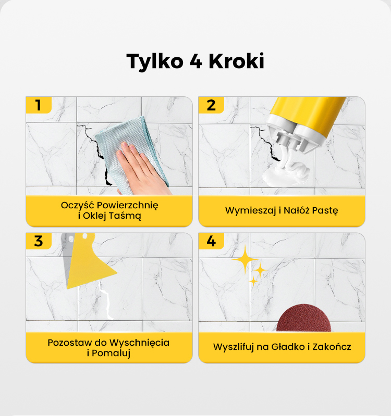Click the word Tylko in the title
155,61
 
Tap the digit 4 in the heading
196,61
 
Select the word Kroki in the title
236,61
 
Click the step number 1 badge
39,105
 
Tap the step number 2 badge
211,105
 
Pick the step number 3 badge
39,241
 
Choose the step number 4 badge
211,241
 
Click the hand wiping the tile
141,170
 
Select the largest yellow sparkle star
245,259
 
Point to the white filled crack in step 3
106,300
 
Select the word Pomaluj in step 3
111,354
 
